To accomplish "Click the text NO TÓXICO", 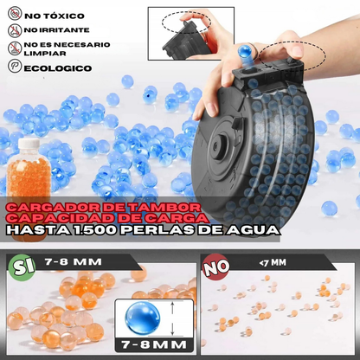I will pos(53,16).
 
